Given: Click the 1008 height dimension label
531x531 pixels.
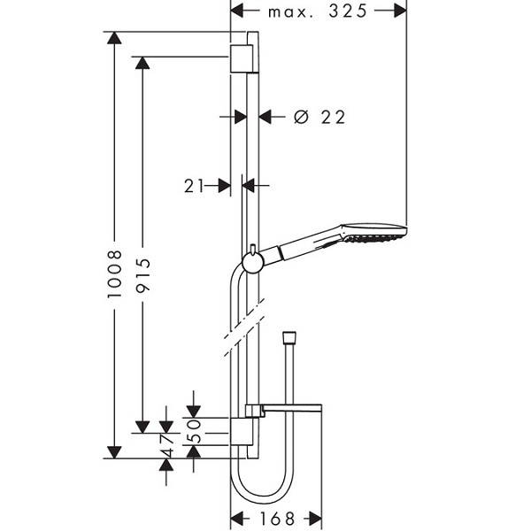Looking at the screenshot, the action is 114,274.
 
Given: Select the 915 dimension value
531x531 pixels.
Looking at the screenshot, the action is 142,275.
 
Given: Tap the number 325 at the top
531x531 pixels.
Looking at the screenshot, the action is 348,12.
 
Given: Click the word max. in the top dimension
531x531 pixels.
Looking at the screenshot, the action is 291,12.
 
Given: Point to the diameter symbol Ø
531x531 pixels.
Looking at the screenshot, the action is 301,117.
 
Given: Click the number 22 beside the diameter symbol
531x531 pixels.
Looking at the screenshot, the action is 334,117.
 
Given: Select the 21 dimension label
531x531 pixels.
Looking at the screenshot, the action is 194,186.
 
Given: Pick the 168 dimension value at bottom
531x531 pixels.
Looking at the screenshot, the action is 277,519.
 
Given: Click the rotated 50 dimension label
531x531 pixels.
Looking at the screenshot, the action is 196,431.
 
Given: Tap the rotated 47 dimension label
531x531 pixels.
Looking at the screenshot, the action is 168,446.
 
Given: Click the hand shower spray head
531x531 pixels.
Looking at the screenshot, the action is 373,233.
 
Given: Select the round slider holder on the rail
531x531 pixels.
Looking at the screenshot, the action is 252,263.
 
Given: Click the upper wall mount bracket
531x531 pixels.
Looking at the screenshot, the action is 242,58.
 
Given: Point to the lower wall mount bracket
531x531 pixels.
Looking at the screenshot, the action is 242,432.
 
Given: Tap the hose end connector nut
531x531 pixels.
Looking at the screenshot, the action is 289,336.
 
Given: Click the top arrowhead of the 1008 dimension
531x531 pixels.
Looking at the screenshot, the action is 114,37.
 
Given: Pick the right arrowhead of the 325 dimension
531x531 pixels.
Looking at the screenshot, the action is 400,12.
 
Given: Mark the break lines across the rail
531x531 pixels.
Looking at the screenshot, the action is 243,327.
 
